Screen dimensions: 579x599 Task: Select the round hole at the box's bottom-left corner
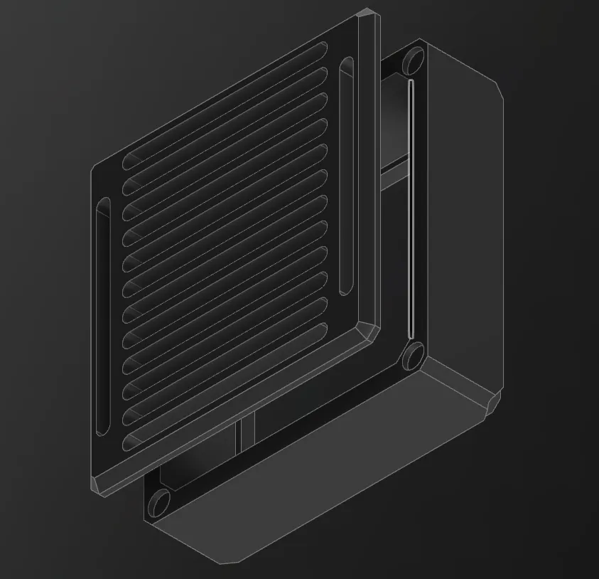click(160, 504)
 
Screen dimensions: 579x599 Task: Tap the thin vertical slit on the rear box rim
click(411, 210)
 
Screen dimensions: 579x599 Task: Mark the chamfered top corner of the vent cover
click(367, 14)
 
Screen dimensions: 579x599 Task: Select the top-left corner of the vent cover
click(95, 169)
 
